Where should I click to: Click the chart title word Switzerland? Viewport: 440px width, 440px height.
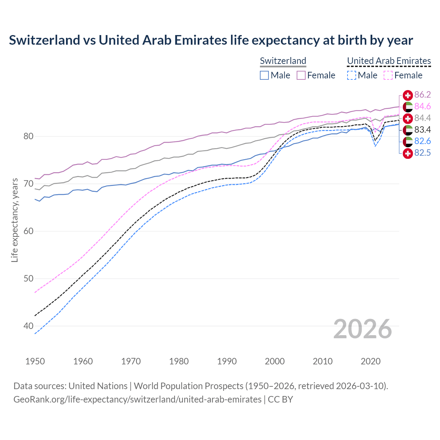(44, 40)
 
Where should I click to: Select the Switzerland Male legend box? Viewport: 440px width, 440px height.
(264, 75)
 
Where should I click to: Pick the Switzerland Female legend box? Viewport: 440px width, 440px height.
(301, 75)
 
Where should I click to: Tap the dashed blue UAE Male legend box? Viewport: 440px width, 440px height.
(351, 75)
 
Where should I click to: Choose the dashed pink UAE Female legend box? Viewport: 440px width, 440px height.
(388, 75)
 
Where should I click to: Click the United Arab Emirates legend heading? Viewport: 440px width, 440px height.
(389, 61)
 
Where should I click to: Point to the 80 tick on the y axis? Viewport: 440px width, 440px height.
(29, 136)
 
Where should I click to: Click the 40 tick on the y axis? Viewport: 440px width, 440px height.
(29, 326)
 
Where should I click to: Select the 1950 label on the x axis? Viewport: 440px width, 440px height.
(35, 361)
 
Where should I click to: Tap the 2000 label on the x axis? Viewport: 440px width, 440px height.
(275, 361)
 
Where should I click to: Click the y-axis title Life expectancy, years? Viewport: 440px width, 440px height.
(15, 220)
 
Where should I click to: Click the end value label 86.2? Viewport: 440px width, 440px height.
(422, 95)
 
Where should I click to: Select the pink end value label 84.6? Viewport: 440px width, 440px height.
(422, 107)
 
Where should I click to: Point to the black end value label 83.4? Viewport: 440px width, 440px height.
(422, 130)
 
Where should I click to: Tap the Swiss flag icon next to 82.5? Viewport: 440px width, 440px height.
(408, 153)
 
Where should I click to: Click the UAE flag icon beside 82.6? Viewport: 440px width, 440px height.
(408, 141)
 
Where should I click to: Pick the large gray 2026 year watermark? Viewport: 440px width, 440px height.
(363, 329)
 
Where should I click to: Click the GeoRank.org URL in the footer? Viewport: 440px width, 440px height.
(137, 399)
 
